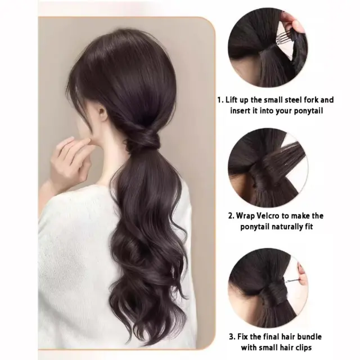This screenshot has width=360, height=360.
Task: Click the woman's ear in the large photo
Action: click(102, 114)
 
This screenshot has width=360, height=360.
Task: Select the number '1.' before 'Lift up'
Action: click(220, 100)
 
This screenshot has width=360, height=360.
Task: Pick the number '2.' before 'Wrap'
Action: click(231, 216)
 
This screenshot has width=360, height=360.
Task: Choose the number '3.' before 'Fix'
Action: click(232, 337)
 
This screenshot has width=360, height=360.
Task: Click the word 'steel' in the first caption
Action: click(292, 100)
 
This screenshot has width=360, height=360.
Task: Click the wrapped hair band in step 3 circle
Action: click(272, 294)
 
